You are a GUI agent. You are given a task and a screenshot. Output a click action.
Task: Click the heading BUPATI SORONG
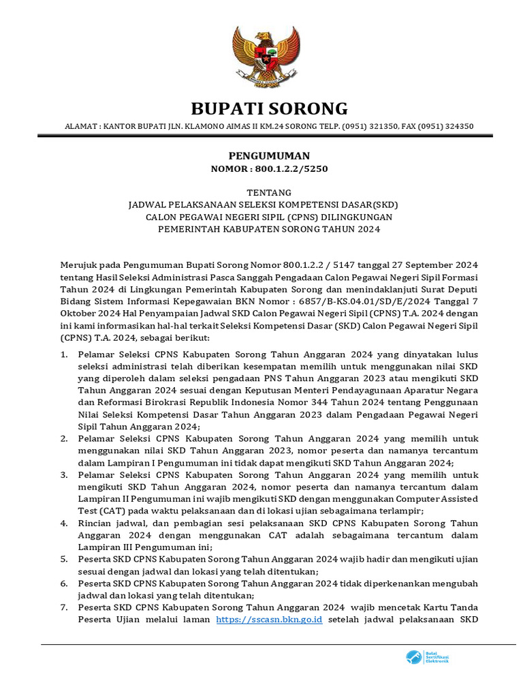tap(269, 108)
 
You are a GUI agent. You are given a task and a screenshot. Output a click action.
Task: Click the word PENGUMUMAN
tap(269, 155)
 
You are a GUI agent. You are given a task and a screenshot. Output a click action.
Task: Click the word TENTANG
tap(269, 193)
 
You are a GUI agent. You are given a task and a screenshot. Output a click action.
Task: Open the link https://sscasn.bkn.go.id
tap(269, 620)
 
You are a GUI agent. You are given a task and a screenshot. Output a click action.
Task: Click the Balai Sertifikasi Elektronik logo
tap(428, 658)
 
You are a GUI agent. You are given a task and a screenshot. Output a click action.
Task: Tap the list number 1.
tap(64, 355)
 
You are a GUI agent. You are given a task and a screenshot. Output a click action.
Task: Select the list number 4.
tap(64, 523)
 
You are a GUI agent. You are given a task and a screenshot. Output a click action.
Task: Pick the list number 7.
tap(64, 607)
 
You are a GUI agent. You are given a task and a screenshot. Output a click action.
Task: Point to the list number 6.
tap(64, 583)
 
